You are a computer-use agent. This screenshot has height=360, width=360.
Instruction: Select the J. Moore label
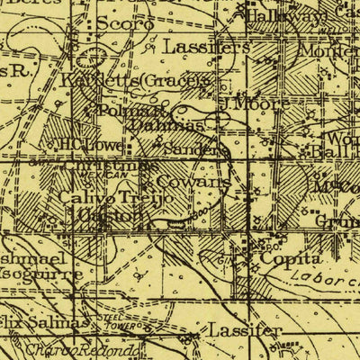pyautogui.click(x=255, y=103)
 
